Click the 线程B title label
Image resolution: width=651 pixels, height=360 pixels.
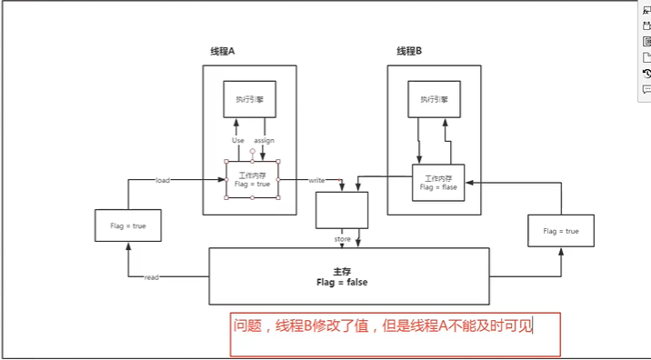(409, 52)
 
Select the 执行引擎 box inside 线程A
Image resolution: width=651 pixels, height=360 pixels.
(249, 99)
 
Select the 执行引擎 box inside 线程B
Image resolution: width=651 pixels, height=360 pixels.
(435, 98)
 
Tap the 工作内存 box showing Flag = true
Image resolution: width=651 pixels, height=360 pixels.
(252, 179)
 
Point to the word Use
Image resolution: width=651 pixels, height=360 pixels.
(238, 141)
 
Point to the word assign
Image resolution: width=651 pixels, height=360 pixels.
(264, 141)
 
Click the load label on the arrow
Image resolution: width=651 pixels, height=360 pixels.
(163, 180)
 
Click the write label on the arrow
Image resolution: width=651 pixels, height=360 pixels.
(316, 180)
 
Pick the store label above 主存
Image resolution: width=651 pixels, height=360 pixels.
(342, 239)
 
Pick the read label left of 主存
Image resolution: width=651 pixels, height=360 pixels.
(152, 276)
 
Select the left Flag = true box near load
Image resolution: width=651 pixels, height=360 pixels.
(127, 225)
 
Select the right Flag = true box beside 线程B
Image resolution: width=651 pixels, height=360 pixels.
(560, 231)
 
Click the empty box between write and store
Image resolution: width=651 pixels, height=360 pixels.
(342, 210)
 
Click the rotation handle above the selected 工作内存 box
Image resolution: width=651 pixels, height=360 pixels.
(252, 151)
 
